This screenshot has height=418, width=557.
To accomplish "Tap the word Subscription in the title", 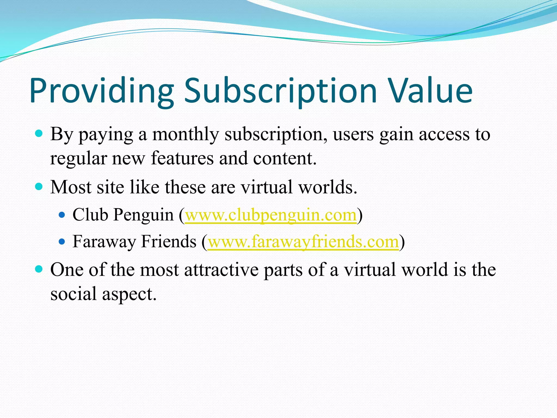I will point(280,91).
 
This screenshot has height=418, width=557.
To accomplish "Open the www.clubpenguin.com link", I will point(271,215).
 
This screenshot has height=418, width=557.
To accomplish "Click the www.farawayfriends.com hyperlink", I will point(303,242).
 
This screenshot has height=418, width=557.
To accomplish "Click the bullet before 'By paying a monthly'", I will point(39,133).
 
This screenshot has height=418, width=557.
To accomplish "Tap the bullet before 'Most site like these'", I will point(39,187).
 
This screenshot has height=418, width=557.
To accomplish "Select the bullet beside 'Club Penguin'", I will point(62,215).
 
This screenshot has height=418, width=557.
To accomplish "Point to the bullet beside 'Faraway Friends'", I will point(62,241).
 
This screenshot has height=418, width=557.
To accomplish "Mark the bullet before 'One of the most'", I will point(39,269).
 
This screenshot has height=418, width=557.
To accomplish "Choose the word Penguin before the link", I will point(143,215).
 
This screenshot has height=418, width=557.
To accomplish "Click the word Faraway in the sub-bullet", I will point(104,242).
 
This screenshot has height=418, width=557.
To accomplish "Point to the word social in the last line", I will point(73,294).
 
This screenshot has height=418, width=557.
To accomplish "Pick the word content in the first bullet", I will point(284,158).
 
